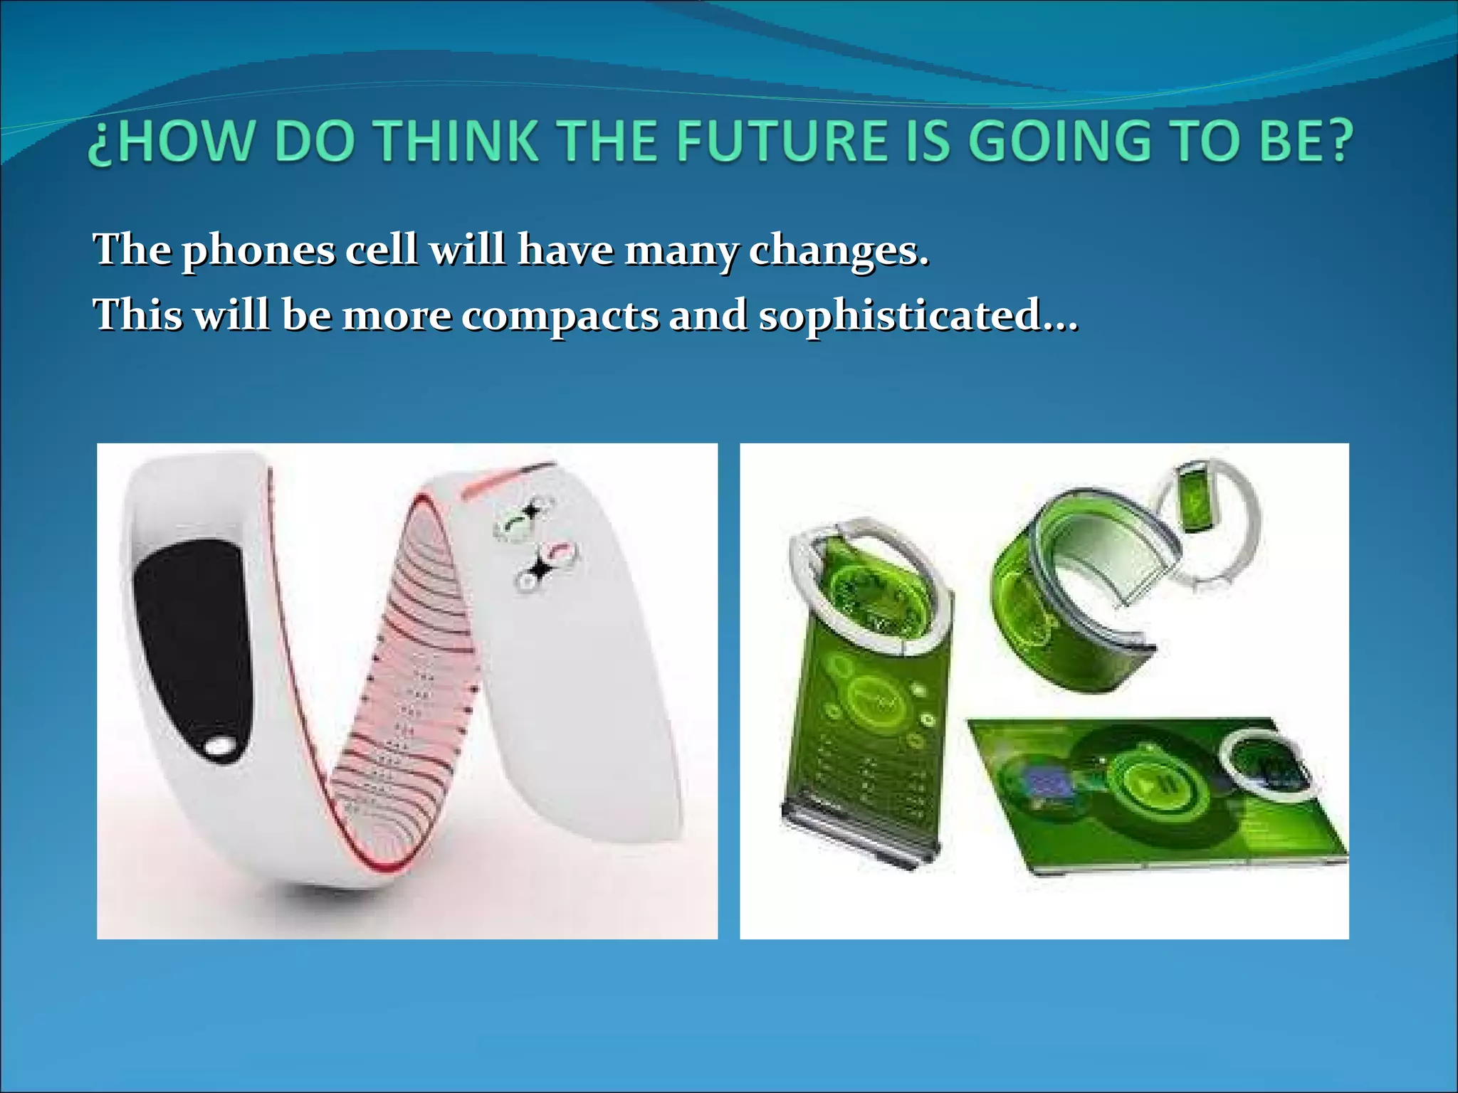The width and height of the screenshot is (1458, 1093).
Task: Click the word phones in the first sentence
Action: tap(258, 250)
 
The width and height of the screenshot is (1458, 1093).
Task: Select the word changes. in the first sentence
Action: tap(839, 250)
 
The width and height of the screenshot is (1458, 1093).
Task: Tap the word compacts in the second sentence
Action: tap(560, 315)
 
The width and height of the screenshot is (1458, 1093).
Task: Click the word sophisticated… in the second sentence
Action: tap(918, 315)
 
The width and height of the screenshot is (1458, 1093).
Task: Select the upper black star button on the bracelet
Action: tap(530, 512)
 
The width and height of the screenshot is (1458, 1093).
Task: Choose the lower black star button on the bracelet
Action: tap(539, 569)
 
